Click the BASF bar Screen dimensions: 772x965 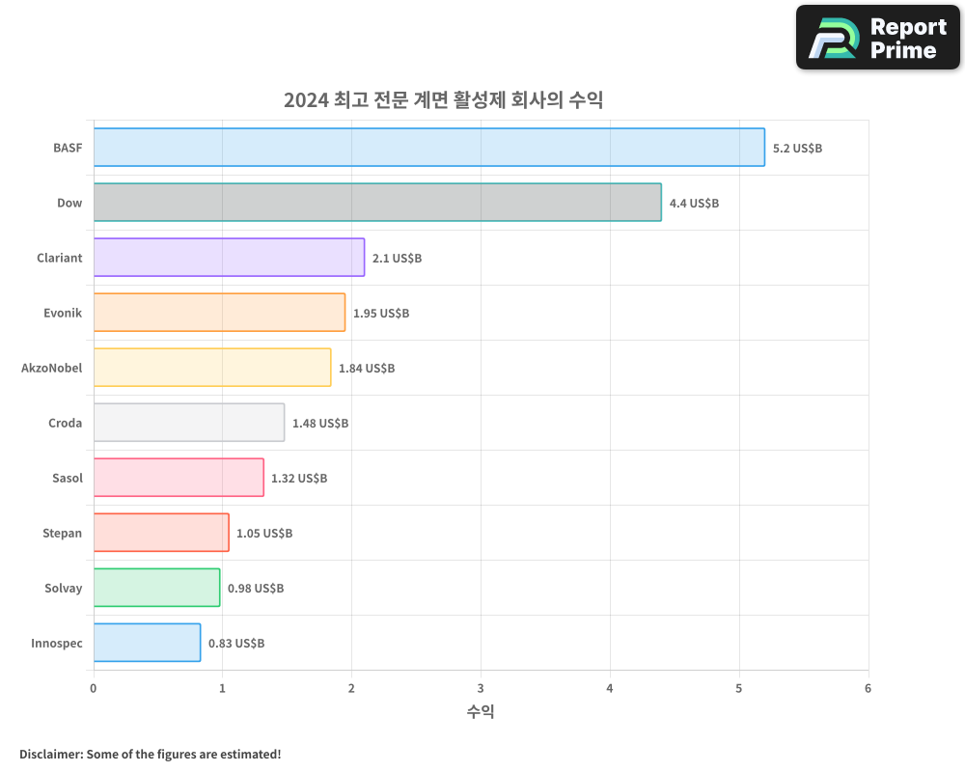[428, 148]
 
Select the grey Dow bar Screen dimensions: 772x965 [376, 203]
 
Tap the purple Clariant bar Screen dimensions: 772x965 [229, 258]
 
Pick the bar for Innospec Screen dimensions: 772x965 [147, 643]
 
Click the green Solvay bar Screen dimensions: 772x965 [156, 588]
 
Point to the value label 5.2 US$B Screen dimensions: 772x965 [797, 149]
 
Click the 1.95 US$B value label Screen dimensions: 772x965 [380, 314]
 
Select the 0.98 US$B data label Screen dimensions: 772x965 [256, 589]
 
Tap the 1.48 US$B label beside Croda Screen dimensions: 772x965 [320, 424]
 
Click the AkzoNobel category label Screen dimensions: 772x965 [52, 368]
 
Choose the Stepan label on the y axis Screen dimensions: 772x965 [63, 533]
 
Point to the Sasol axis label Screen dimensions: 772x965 [68, 478]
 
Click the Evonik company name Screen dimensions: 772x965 [63, 313]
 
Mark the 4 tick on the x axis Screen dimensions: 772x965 [610, 689]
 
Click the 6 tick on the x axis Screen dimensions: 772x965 [868, 689]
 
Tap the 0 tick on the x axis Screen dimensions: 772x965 [94, 689]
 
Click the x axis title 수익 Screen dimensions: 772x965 [481, 712]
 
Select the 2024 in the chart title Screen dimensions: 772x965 [304, 100]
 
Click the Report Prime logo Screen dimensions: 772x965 [878, 38]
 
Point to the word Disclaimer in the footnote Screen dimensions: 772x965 [50, 754]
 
